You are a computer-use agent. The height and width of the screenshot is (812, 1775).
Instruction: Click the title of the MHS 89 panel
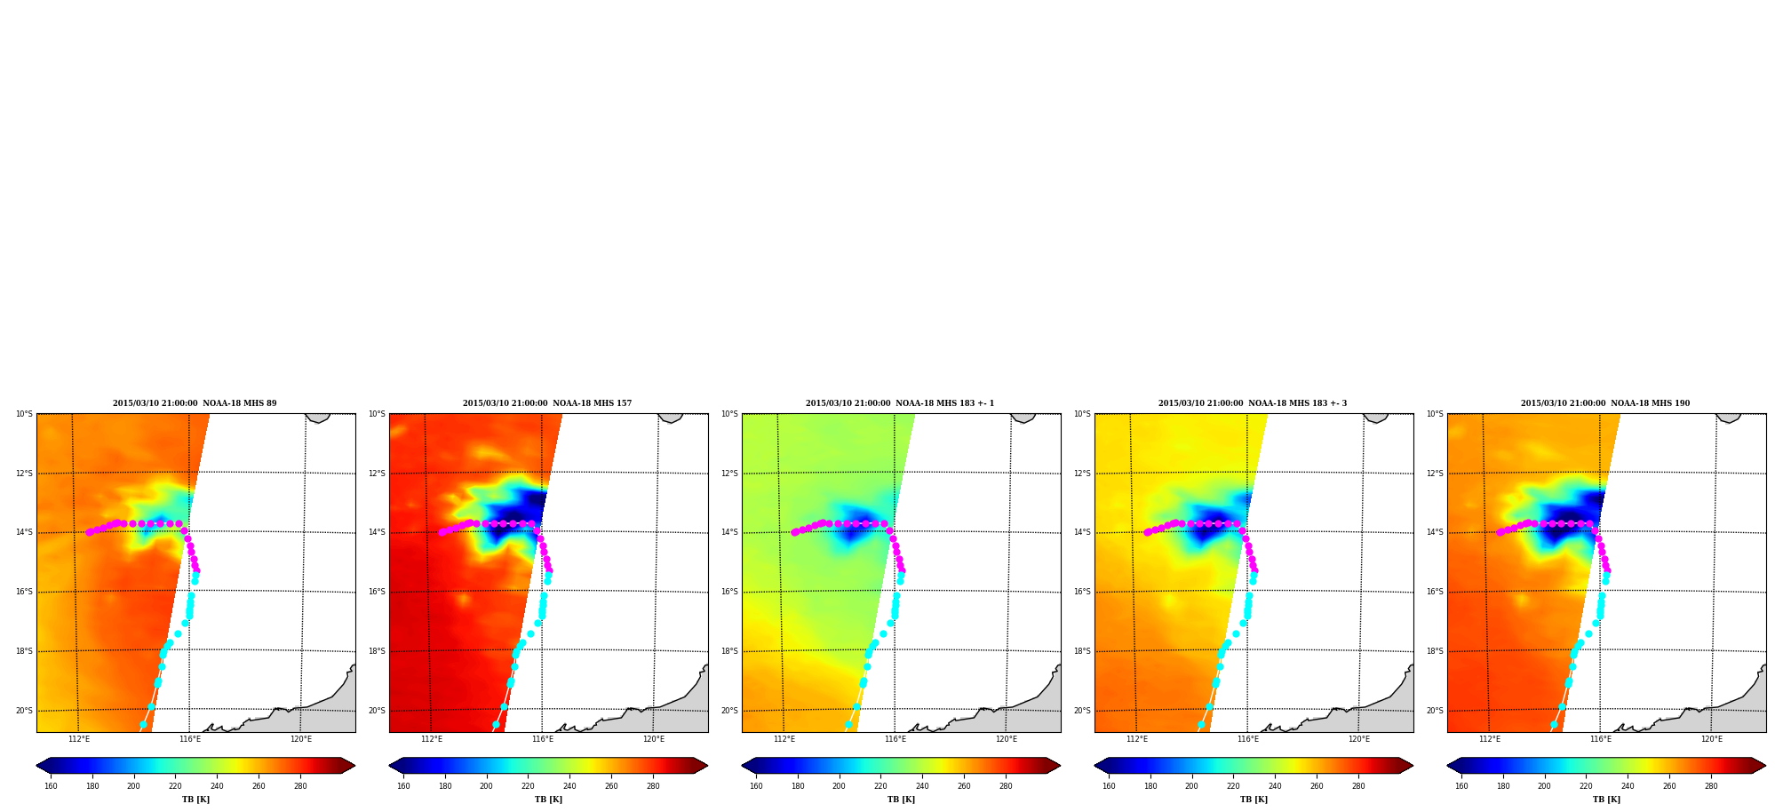[195, 403]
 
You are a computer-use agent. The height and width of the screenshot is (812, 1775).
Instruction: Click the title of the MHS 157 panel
[547, 403]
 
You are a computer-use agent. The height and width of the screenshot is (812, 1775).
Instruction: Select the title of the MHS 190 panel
[1605, 403]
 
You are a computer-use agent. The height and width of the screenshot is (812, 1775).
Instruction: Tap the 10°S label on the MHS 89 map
[24, 414]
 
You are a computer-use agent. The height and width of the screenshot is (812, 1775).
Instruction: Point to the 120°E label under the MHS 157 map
[654, 739]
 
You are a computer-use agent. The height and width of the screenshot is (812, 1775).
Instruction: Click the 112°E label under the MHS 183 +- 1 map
[784, 739]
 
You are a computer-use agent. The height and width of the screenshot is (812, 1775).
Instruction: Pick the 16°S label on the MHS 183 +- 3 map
[1082, 592]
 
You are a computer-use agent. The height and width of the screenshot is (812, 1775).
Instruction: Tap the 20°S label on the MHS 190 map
[1435, 711]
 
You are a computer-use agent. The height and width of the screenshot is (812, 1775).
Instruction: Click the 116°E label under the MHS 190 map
[1601, 739]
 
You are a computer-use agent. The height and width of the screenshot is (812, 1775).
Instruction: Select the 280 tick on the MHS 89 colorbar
[300, 786]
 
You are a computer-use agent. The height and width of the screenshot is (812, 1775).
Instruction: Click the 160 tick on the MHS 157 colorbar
[403, 786]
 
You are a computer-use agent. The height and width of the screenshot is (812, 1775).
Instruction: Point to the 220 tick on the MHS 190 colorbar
[1586, 786]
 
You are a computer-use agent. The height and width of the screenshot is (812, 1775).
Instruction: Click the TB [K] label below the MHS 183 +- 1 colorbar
[901, 800]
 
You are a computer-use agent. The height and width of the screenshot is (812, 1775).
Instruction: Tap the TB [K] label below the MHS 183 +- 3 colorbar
[1254, 800]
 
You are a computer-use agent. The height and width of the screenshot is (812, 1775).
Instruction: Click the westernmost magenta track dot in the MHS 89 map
[89, 532]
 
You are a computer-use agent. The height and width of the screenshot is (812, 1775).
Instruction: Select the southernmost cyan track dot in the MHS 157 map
[496, 725]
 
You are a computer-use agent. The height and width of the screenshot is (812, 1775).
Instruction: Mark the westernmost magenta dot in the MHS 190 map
[1500, 532]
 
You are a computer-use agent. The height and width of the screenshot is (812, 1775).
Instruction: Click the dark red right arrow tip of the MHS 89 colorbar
[354, 766]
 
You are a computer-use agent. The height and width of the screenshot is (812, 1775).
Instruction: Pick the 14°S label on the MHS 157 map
[377, 532]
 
